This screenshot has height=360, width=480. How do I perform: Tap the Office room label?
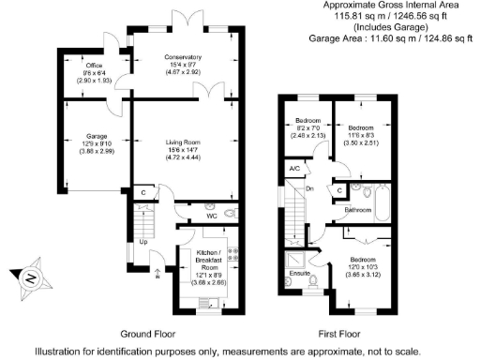coord(94,67)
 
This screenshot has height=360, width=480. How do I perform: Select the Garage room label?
coord(86,137)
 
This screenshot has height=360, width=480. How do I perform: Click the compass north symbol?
coord(29,278)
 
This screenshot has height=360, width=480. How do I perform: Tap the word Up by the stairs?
coord(142,242)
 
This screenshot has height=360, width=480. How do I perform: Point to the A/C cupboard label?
coord(293,168)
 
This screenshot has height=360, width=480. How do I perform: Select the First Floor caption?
coord(338,334)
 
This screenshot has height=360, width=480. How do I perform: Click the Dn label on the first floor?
coord(310,188)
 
